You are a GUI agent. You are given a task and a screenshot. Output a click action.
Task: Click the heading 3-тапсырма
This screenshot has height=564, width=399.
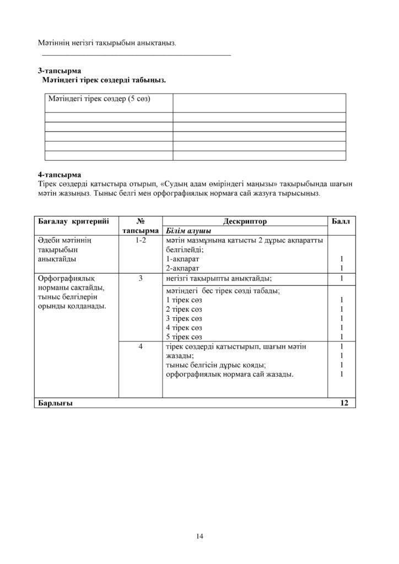(x=60, y=70)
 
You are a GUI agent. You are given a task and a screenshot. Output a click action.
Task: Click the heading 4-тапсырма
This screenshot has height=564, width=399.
(x=60, y=175)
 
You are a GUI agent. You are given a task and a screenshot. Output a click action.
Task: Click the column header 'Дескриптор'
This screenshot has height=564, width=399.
(x=245, y=221)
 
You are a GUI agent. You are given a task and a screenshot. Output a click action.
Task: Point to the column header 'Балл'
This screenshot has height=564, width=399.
(x=341, y=221)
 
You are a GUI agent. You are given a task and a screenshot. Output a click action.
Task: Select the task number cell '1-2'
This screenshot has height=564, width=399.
(x=141, y=241)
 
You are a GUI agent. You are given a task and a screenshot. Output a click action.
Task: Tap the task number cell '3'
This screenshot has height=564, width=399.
(x=141, y=279)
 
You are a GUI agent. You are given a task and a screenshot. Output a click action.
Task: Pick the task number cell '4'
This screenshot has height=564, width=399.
(x=141, y=346)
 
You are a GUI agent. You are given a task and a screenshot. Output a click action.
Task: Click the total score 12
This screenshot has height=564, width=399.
(x=344, y=403)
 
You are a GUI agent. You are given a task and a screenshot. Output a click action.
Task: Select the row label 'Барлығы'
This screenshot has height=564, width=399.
(x=55, y=403)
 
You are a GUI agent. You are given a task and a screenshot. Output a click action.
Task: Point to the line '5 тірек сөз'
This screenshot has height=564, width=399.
(x=184, y=337)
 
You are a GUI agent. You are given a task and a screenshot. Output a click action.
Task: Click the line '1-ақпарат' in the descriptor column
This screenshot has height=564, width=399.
(x=182, y=258)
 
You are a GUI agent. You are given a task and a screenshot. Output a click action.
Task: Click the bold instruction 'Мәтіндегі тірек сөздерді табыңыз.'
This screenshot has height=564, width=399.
(x=104, y=80)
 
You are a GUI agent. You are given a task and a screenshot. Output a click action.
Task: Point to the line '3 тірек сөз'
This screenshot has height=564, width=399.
(x=184, y=318)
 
